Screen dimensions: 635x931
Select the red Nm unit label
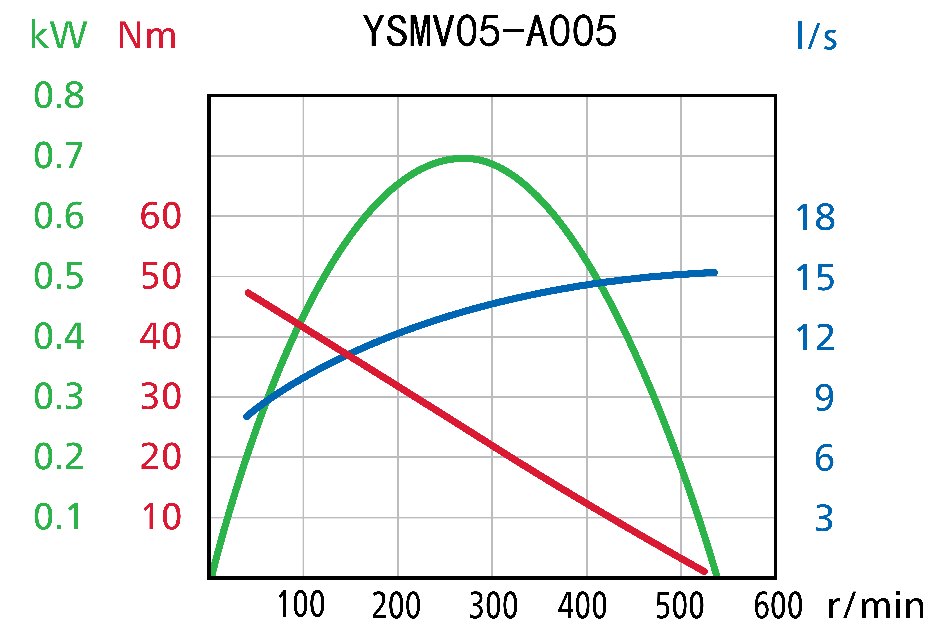click(147, 36)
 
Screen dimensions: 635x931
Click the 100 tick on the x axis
click(301, 604)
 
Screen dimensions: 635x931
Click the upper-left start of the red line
click(248, 293)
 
